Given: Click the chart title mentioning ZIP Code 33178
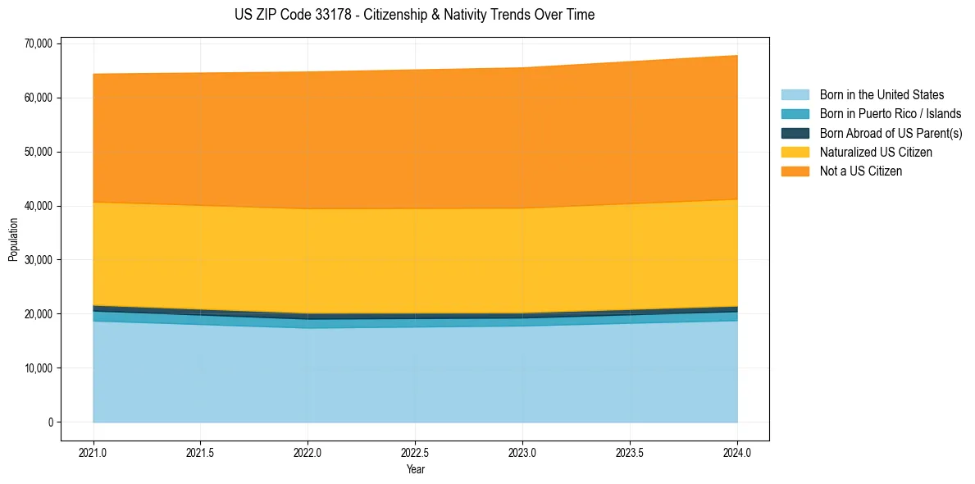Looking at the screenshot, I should click(414, 15).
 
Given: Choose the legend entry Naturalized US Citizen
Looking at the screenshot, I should click(876, 153).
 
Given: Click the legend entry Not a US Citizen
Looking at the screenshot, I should click(861, 171).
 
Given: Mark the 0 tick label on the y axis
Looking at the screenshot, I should click(50, 422).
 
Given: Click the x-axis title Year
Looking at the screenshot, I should click(415, 469).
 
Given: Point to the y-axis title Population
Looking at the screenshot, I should click(13, 240).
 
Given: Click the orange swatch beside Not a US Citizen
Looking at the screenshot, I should click(795, 171).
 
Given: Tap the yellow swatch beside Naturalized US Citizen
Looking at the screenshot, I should click(795, 153).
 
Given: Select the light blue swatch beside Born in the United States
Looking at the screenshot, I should click(795, 95).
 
